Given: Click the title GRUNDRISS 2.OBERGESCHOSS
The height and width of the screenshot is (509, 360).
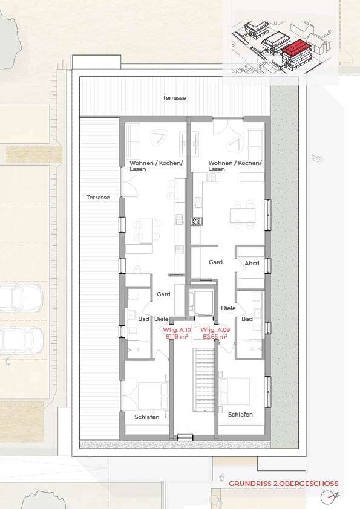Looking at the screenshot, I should [283, 484].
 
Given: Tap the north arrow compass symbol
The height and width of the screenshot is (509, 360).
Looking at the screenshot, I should [329, 497].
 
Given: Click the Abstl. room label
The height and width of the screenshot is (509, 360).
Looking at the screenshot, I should [252, 263].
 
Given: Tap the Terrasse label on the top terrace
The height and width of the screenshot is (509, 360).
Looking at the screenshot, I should [174, 97].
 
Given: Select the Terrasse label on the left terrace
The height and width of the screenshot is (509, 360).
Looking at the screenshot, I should [97, 197].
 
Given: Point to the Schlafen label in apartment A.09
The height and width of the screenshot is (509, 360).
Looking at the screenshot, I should [240, 414].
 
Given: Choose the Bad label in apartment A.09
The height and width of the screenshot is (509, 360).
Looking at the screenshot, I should [247, 319].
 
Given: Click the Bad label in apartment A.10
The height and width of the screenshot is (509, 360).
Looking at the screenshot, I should [143, 319].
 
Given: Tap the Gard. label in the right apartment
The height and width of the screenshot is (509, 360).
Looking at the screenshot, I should [217, 262].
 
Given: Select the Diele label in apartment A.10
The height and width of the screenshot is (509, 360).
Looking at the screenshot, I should [161, 319].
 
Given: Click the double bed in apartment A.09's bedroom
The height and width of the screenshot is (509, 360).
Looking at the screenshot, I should [237, 391].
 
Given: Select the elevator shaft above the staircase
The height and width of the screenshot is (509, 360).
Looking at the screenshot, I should [200, 302].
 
